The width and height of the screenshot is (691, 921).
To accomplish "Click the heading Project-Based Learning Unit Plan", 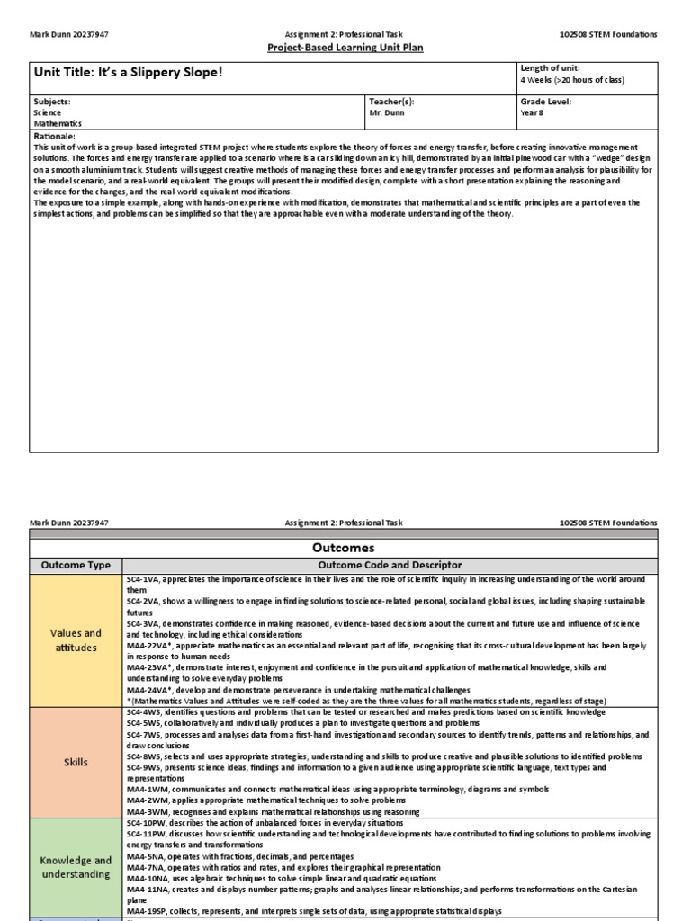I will click(x=345, y=48).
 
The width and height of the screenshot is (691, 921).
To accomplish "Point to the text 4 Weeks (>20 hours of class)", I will click(x=571, y=80).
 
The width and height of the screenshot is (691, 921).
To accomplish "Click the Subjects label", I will click(x=51, y=102).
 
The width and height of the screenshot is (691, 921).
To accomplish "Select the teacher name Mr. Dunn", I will click(x=389, y=113).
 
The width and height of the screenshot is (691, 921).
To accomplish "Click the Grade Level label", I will click(x=545, y=102).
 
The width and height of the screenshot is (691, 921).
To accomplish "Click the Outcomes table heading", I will click(x=345, y=548).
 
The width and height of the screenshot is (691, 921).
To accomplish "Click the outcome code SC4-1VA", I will click(x=144, y=578).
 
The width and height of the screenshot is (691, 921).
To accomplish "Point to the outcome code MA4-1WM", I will click(x=146, y=788).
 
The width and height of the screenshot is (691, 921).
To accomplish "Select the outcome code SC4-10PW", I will click(x=147, y=822).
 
